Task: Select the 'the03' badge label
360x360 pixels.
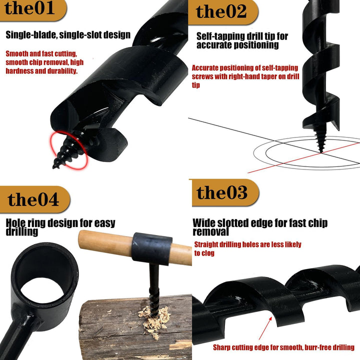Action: tap(222, 192)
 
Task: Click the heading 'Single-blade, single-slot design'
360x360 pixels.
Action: tap(68, 35)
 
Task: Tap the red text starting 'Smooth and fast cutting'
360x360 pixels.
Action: tap(45, 62)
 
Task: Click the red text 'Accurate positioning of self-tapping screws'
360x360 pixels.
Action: tap(245, 76)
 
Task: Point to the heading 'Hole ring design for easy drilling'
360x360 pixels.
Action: tap(60, 227)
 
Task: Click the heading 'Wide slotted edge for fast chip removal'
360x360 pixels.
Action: tap(260, 227)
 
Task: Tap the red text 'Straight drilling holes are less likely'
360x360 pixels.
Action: tap(247, 248)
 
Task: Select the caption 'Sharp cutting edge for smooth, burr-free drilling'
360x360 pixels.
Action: tap(283, 347)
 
